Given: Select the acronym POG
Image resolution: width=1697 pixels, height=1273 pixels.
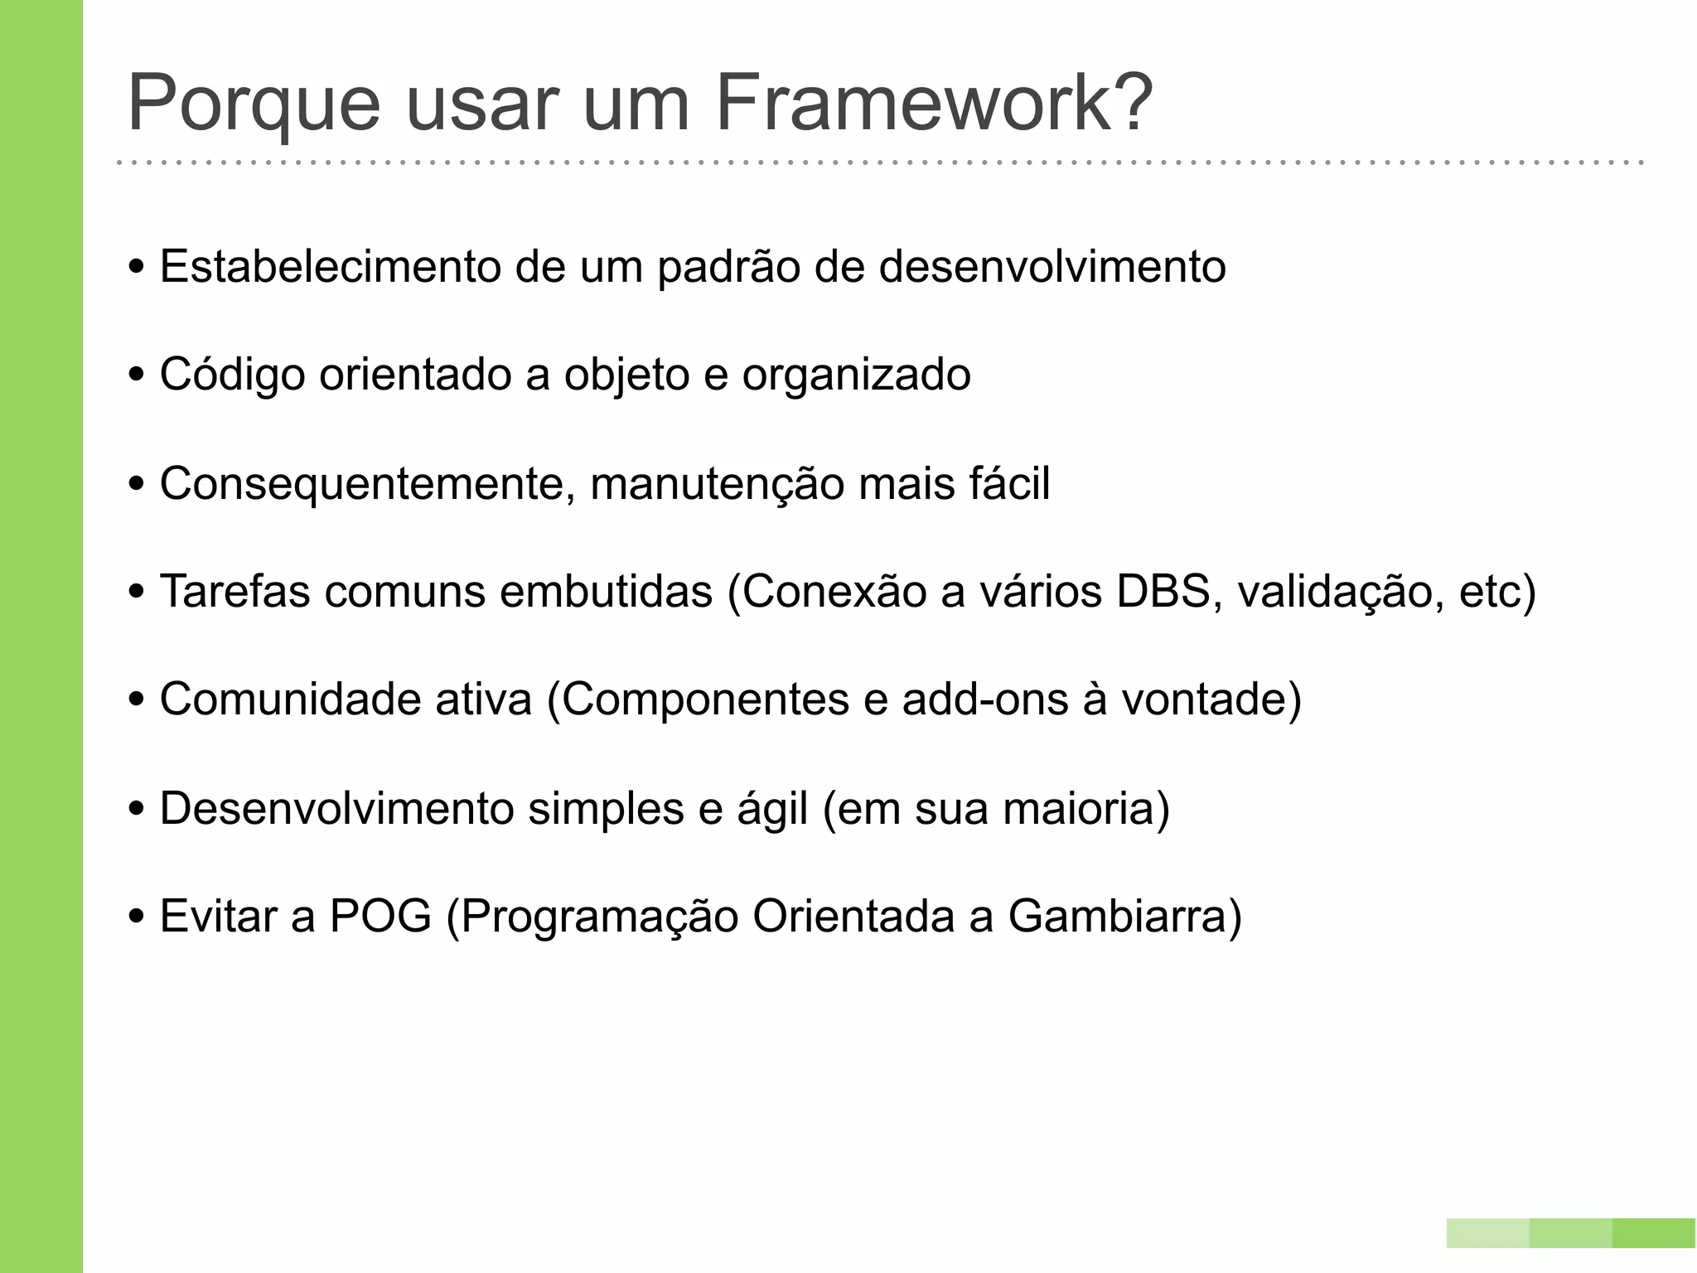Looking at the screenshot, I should pos(380,917).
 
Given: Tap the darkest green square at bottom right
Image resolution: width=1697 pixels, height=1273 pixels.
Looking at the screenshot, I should pos(1654,1232).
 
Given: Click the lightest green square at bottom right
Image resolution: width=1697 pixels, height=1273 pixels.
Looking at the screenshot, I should pos(1487,1232).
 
